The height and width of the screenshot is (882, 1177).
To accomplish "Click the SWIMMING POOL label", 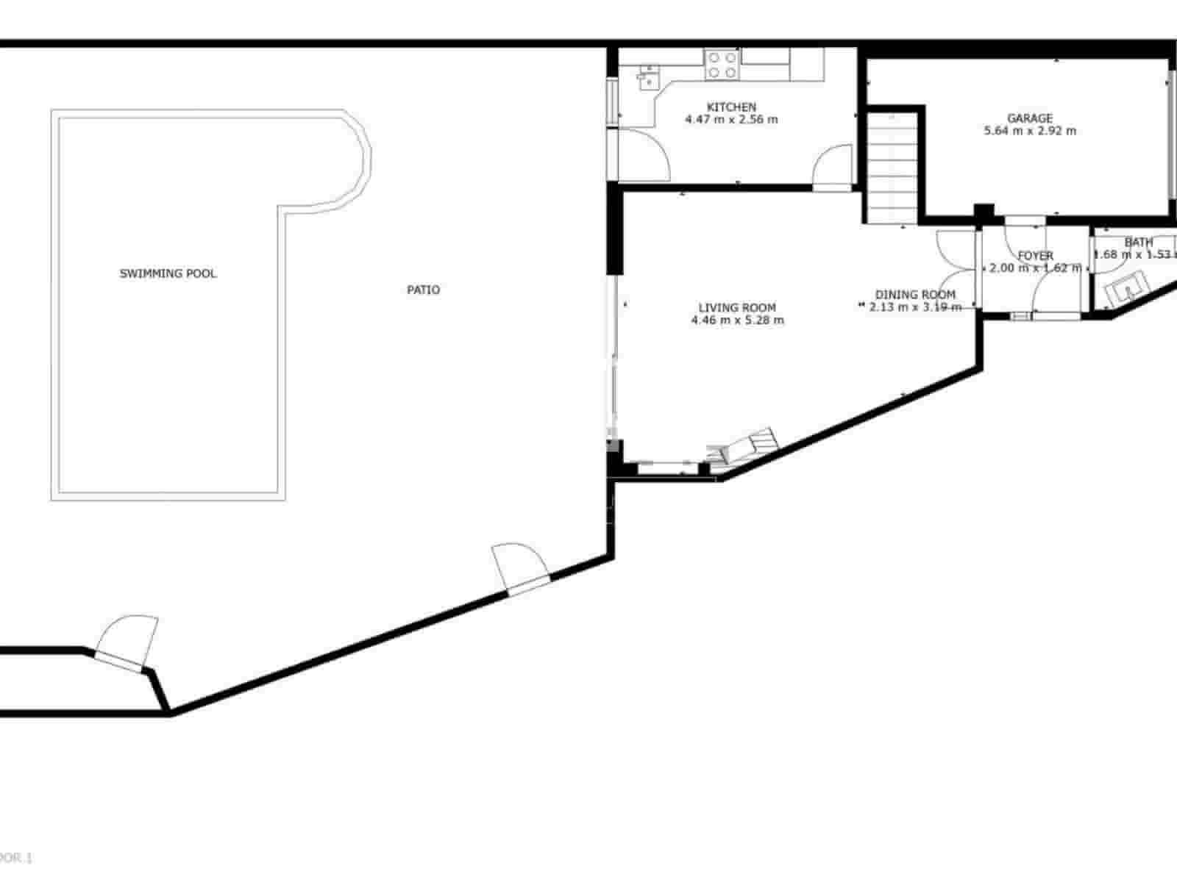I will point(168,273).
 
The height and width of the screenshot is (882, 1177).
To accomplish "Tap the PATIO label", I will point(424,290).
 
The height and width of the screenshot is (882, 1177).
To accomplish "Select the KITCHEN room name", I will point(731,107).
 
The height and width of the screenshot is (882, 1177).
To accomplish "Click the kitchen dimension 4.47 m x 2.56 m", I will point(731,119).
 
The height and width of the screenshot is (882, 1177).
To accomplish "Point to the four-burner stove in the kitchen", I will point(722,64).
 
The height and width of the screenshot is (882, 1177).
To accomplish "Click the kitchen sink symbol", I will point(648,76).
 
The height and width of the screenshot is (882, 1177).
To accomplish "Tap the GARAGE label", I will point(1029,118).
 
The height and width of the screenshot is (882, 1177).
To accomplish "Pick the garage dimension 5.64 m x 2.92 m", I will point(1029,131).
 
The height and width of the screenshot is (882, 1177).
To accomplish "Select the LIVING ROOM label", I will point(737,307).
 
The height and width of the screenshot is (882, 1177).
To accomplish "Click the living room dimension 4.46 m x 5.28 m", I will point(737,320).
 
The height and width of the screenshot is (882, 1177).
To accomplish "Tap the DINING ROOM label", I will point(915,294).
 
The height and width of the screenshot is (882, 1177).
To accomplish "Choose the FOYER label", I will point(1035,256).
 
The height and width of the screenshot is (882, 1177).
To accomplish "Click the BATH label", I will point(1138,242).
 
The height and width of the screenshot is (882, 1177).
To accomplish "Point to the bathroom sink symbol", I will point(1125,289).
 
